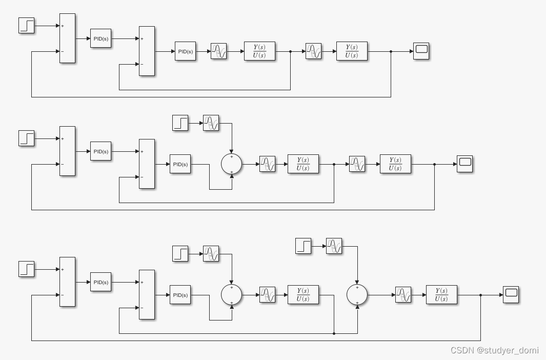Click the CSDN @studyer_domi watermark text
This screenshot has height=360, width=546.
click(x=494, y=350)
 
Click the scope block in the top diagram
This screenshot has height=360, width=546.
click(x=421, y=51)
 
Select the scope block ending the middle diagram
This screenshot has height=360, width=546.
click(x=464, y=164)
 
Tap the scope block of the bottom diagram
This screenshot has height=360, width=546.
click(x=511, y=294)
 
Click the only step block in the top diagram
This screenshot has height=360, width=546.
click(x=26, y=25)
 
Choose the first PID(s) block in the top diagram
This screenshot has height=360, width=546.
click(x=100, y=38)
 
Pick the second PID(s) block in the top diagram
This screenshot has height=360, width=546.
click(x=185, y=51)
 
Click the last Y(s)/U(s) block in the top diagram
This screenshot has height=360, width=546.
click(x=352, y=51)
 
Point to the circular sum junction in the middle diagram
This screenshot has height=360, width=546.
click(x=231, y=164)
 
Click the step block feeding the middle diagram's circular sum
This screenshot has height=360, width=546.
click(x=180, y=123)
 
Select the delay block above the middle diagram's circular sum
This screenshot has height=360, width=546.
click(x=211, y=123)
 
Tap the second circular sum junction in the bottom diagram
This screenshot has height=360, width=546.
click(x=357, y=295)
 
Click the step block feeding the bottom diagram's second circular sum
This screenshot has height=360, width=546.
click(x=303, y=246)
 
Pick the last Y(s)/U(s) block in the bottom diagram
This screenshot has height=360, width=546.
click(x=441, y=295)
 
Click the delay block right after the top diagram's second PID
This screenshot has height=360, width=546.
click(x=218, y=51)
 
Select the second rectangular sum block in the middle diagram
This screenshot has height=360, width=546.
click(x=147, y=164)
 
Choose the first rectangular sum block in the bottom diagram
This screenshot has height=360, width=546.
click(x=67, y=282)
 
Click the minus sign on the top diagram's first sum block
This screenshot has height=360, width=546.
click(x=63, y=51)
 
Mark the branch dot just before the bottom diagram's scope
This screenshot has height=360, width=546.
click(x=480, y=295)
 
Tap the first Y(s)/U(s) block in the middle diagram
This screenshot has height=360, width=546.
click(x=302, y=164)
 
